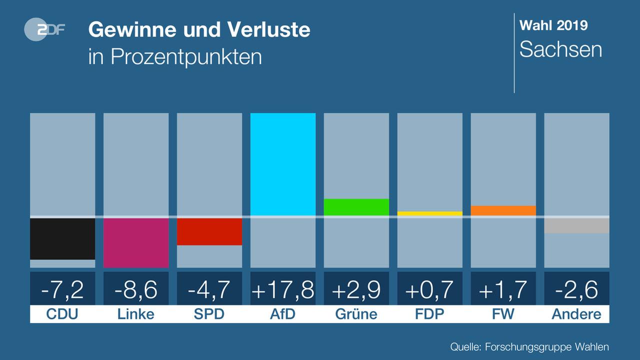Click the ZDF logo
(x=44, y=30)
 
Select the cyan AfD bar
(x=283, y=164)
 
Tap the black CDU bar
(x=62, y=238)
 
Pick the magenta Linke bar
(x=136, y=242)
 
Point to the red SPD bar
(x=209, y=231)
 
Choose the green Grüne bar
(x=356, y=207)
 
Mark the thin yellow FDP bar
(x=430, y=213)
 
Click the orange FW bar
(x=503, y=210)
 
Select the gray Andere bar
(x=576, y=225)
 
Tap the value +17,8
(x=283, y=289)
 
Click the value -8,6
(x=136, y=289)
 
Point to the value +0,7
(x=430, y=289)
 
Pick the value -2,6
(x=576, y=289)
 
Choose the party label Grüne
(x=356, y=314)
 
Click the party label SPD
(x=209, y=314)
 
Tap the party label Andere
(x=576, y=314)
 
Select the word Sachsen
(x=560, y=49)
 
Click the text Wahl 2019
(x=553, y=25)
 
